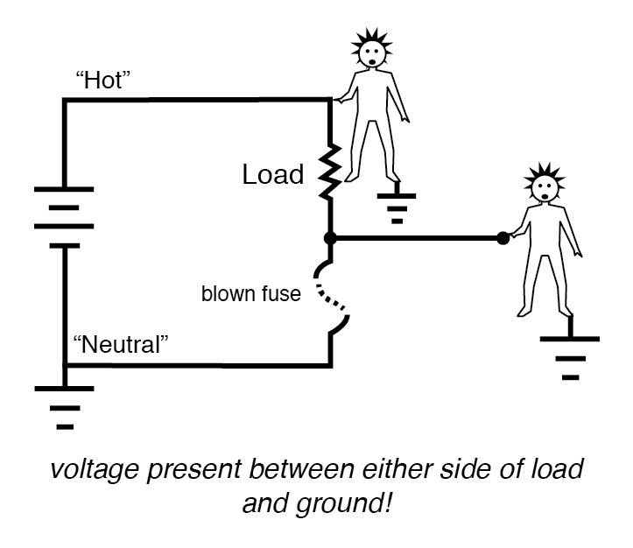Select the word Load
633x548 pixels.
click(x=272, y=175)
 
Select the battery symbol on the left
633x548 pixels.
click(x=64, y=217)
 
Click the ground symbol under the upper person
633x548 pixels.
click(x=397, y=207)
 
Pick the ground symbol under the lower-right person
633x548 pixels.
click(x=570, y=355)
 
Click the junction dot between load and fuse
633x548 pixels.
click(x=329, y=237)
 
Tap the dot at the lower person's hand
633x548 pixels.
click(x=503, y=237)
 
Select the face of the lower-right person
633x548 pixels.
click(x=544, y=191)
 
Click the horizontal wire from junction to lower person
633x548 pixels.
click(x=416, y=237)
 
